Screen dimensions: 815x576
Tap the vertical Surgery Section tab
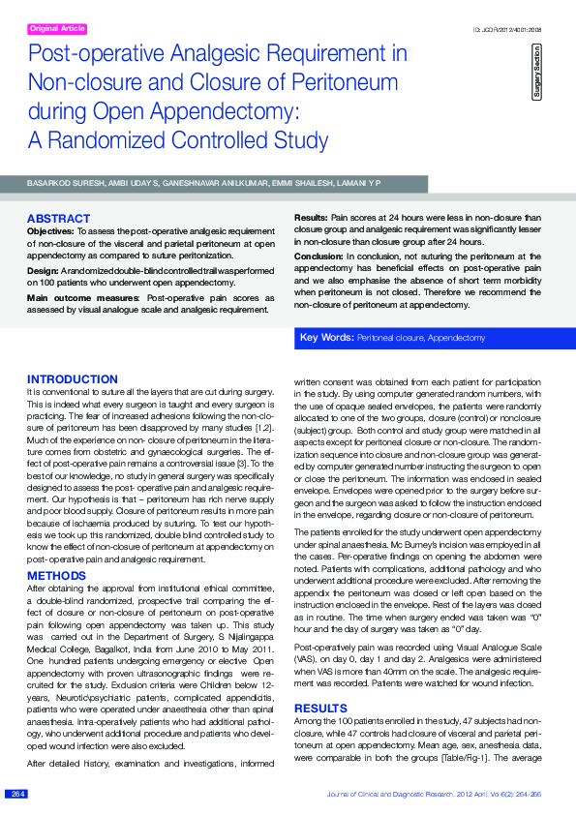pos(536,71)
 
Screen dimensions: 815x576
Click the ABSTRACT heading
pos(58,219)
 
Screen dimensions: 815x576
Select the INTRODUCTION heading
pos(73,379)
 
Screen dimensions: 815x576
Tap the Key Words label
pos(326,338)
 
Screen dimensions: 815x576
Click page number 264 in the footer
pos(17,794)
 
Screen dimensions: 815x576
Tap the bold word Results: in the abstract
pos(311,219)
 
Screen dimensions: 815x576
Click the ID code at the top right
pos(506,30)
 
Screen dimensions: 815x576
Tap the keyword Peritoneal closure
pos(392,339)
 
